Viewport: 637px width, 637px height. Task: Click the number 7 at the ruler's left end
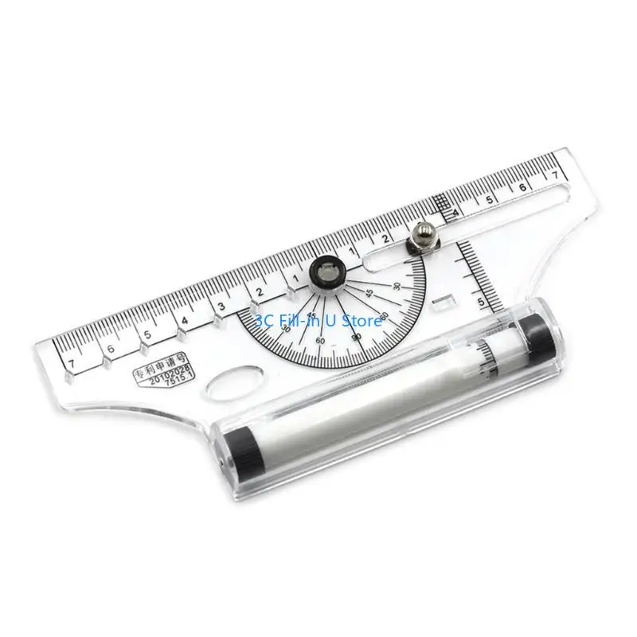72,363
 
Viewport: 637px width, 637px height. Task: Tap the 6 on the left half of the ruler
111,347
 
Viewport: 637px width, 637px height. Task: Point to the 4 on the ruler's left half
185,321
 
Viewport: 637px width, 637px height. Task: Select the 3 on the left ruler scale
221,307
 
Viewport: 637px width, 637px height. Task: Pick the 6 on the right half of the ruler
522,186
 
